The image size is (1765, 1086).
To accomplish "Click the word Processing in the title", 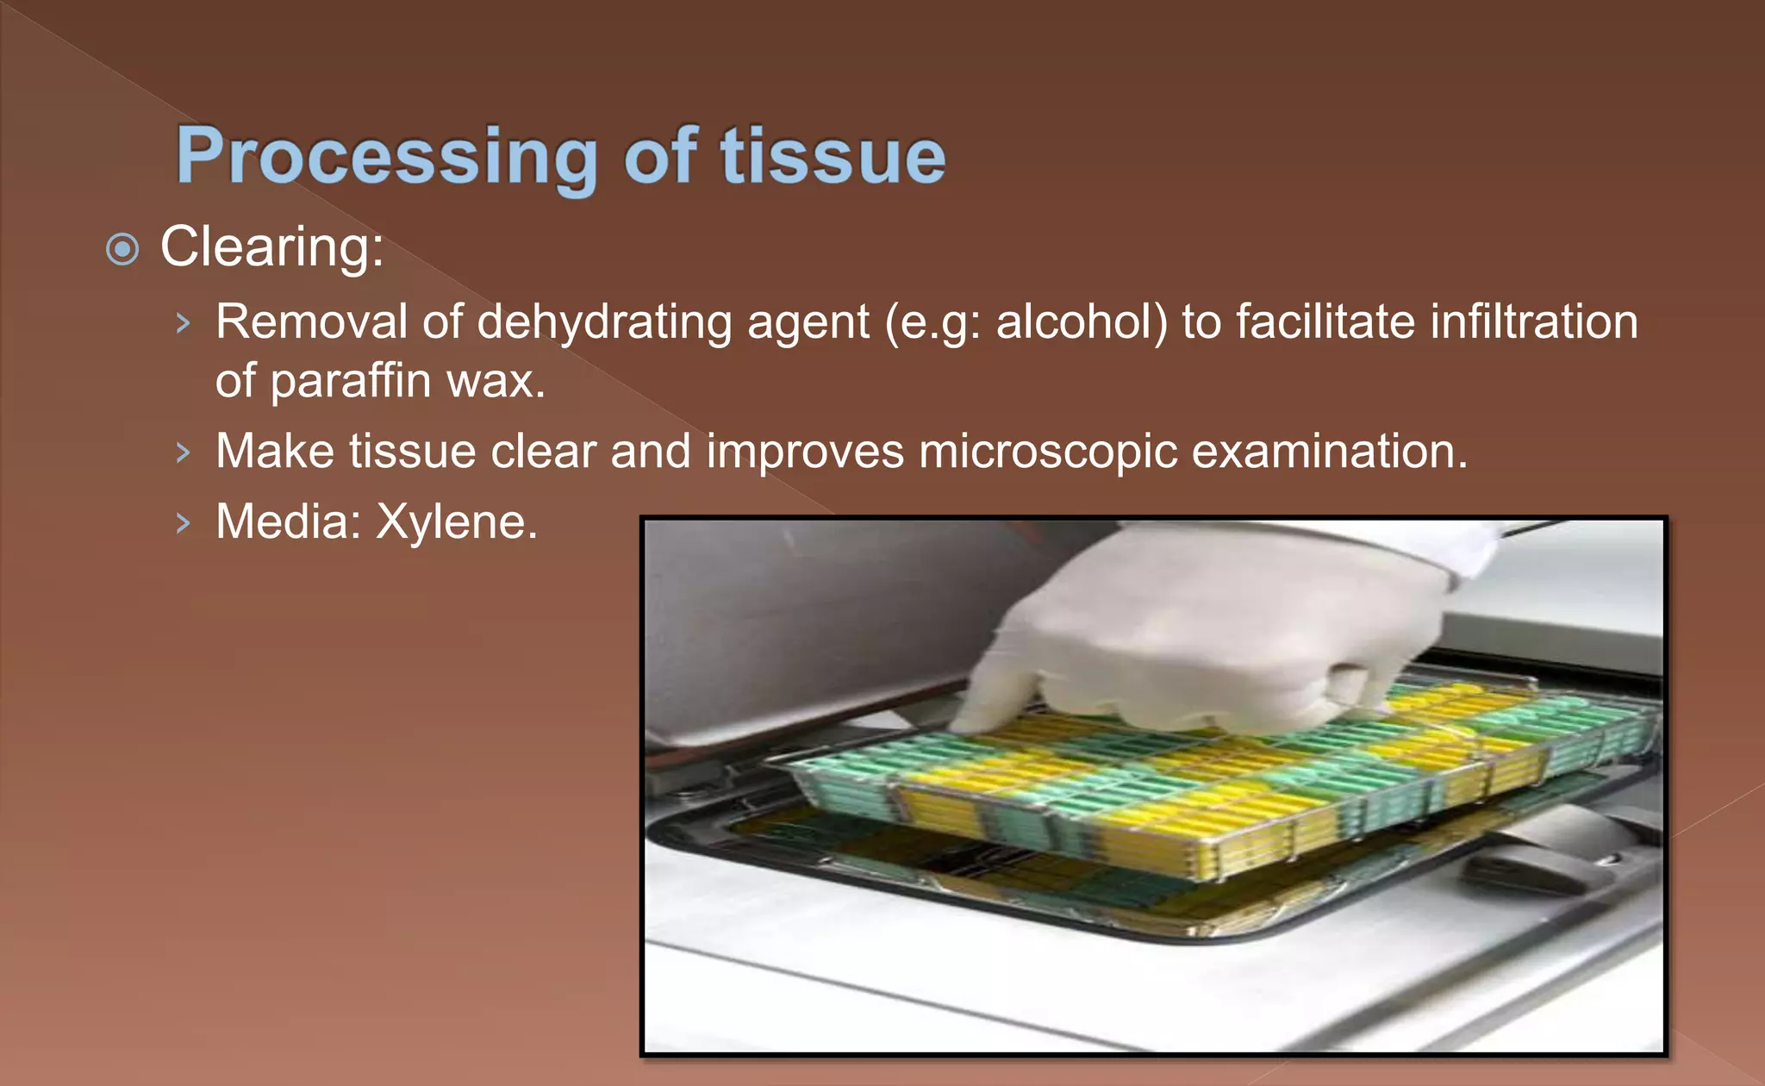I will (386, 157).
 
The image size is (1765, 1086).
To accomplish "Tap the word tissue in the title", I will (833, 157).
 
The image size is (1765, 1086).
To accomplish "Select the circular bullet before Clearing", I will (122, 250).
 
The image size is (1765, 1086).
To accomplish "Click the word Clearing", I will (271, 247).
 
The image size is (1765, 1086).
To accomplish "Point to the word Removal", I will (310, 322).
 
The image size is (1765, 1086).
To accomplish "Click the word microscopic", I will (1048, 452).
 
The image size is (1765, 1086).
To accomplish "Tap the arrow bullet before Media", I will (183, 523).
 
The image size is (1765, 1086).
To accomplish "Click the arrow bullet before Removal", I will (183, 324).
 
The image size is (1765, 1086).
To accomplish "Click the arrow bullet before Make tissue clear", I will (183, 452).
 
